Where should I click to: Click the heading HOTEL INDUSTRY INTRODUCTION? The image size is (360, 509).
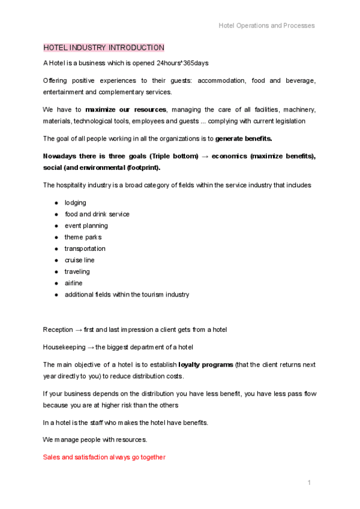tap(103, 47)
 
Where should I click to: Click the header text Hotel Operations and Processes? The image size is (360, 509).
tap(266, 25)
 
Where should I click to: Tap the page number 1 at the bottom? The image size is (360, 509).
tap(308, 483)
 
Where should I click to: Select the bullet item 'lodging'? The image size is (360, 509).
tap(76, 203)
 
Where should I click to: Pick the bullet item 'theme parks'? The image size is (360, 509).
tap(83, 237)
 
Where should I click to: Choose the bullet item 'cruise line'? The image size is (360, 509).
tap(80, 260)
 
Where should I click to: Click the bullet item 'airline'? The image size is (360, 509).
tap(74, 283)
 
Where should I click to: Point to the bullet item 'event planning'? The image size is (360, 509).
tap(86, 226)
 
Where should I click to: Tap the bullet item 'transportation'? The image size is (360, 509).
tap(85, 248)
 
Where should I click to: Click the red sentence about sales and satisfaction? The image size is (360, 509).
tap(104, 457)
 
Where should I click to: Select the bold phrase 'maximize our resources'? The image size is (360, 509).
tap(125, 110)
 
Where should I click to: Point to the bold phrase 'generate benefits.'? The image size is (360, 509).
tap(244, 139)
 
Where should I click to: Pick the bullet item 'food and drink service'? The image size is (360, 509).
tap(97, 214)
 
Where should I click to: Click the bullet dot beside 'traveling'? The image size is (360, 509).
tap(56, 272)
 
